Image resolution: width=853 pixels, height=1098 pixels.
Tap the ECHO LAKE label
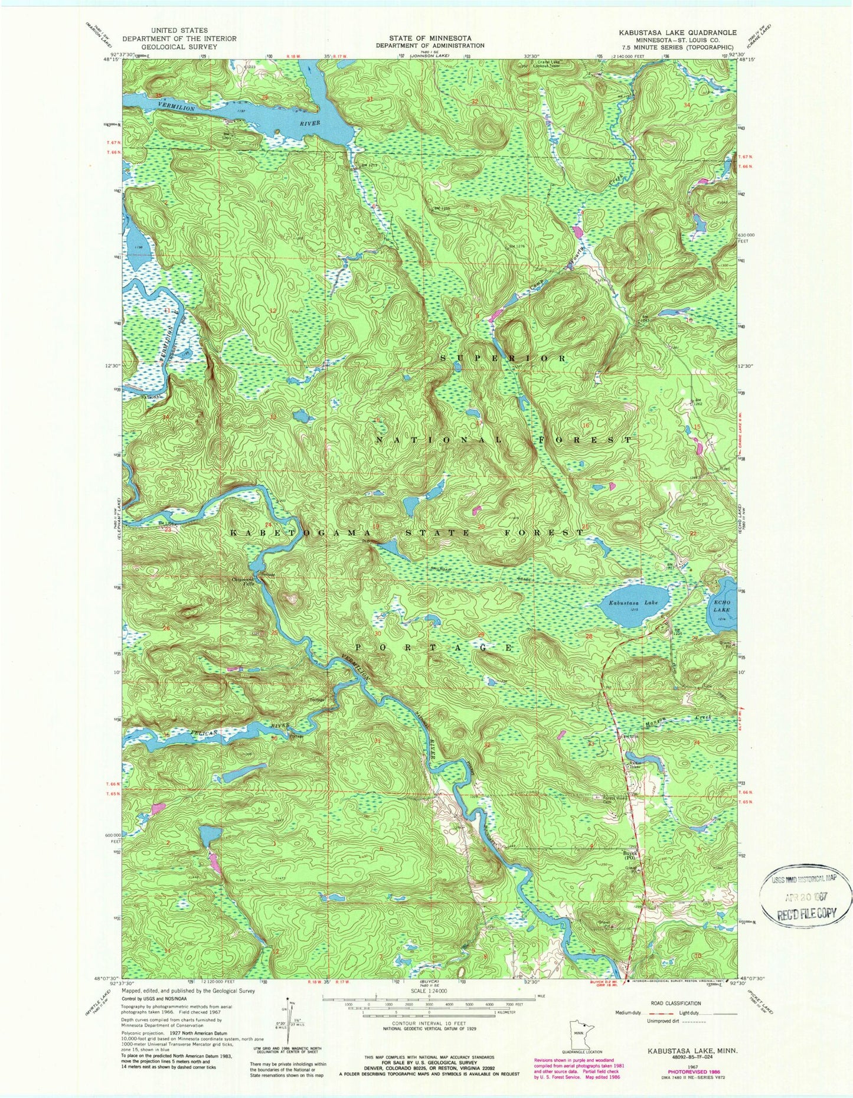click(721, 605)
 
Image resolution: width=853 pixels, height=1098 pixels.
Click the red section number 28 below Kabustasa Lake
click(589, 636)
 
